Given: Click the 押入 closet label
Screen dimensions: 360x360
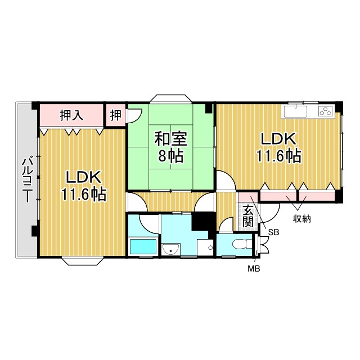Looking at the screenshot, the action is (x=71, y=115).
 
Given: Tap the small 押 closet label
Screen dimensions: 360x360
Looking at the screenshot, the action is (x=115, y=115).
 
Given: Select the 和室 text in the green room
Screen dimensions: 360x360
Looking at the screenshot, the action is (x=171, y=139).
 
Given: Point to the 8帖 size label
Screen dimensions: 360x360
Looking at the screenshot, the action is (x=171, y=156).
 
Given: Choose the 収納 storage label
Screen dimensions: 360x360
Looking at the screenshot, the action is (x=301, y=219).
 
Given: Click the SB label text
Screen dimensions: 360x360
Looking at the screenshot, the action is (x=274, y=232).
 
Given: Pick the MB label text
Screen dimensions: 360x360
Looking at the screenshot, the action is (x=254, y=269).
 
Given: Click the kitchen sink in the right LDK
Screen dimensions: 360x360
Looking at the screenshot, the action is (x=296, y=111).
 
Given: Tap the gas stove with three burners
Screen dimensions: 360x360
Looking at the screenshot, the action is (x=326, y=111).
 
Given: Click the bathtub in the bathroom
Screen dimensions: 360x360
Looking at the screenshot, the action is (x=143, y=246).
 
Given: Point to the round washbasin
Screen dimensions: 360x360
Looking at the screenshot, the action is (x=171, y=249).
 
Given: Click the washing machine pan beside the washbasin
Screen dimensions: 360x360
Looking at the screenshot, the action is (x=205, y=247).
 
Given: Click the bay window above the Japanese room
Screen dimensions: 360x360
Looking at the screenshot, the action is (x=171, y=98).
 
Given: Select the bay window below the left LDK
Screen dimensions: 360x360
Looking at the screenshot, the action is (x=82, y=261).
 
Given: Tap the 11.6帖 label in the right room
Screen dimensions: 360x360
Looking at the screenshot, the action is (x=278, y=156).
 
